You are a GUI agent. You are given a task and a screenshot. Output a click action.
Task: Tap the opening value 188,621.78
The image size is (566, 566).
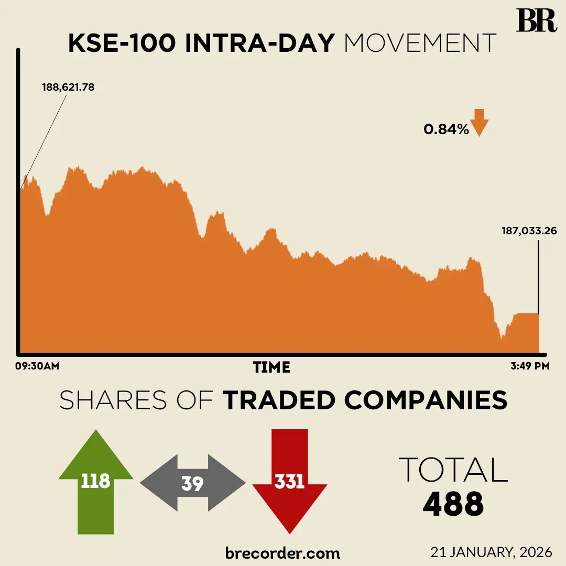(x=68, y=88)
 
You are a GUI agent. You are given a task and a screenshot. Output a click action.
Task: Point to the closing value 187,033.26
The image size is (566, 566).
(x=528, y=231)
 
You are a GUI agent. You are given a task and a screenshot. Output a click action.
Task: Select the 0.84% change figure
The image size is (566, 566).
(x=446, y=129)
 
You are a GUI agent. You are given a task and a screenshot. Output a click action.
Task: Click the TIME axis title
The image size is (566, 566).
(x=271, y=367)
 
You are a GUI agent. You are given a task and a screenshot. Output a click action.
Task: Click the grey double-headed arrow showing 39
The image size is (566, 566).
(x=192, y=483)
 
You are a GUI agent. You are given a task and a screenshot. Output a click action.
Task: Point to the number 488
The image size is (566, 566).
(x=453, y=504)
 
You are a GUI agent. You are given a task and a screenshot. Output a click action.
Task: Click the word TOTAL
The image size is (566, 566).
(x=453, y=470)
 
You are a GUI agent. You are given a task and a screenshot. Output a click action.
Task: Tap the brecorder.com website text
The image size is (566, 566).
(x=282, y=552)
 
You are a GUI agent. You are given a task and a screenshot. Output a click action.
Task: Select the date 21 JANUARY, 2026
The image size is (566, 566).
(x=491, y=552)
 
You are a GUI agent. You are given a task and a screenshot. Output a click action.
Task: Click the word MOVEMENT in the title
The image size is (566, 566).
(x=420, y=44)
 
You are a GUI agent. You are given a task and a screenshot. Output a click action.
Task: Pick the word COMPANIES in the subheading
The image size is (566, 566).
(x=426, y=401)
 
